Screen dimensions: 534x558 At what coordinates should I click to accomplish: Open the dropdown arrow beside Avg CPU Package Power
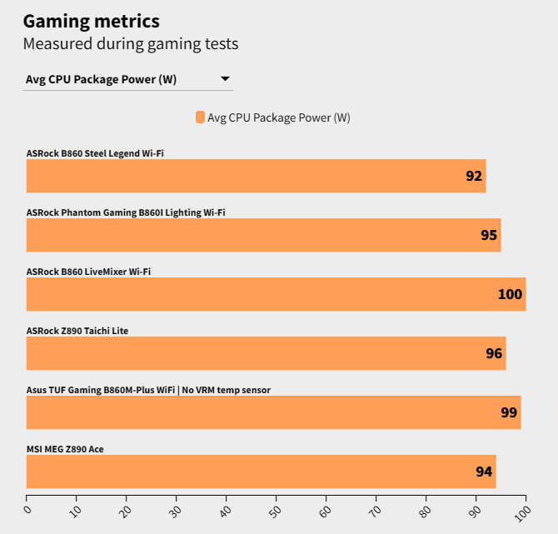(x=225, y=79)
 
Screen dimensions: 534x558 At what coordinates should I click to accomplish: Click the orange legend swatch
(x=200, y=117)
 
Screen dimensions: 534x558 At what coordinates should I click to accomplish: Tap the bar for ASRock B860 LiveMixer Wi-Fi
(x=276, y=294)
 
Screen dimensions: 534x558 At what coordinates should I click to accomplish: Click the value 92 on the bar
(x=474, y=176)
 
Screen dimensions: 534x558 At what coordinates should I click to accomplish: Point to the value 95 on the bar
(x=489, y=235)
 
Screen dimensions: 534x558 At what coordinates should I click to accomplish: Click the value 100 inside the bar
(x=510, y=294)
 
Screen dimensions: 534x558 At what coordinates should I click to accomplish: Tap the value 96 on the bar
(x=494, y=353)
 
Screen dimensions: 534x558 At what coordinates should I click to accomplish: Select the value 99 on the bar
(x=509, y=412)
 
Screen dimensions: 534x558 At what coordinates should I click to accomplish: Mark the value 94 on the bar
(x=484, y=472)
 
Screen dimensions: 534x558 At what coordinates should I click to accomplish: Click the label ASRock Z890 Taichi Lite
(x=77, y=331)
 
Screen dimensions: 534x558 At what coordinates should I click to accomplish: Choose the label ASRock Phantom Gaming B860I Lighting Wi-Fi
(x=126, y=212)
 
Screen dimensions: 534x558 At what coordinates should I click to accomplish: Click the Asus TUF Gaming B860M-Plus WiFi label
(x=148, y=390)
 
